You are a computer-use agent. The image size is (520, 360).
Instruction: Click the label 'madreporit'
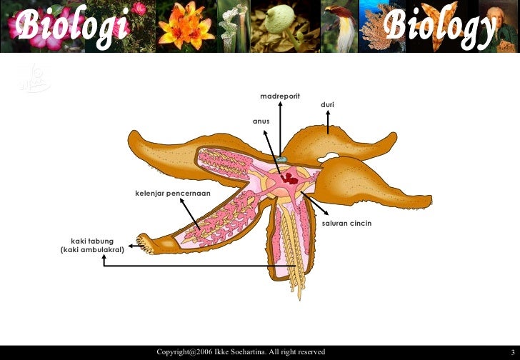point(279,96)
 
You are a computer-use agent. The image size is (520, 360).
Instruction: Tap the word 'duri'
point(327,105)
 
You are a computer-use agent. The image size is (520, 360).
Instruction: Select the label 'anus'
point(261,121)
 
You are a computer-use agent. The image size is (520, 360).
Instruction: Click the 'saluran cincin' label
point(346,224)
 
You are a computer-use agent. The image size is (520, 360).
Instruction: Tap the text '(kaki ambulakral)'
point(93,250)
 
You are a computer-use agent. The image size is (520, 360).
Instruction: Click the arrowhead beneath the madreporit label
point(280,105)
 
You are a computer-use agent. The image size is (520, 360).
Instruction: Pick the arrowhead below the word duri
point(328,116)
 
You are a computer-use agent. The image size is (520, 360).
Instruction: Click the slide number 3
point(511,352)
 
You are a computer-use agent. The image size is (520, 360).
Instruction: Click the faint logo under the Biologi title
point(34,78)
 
